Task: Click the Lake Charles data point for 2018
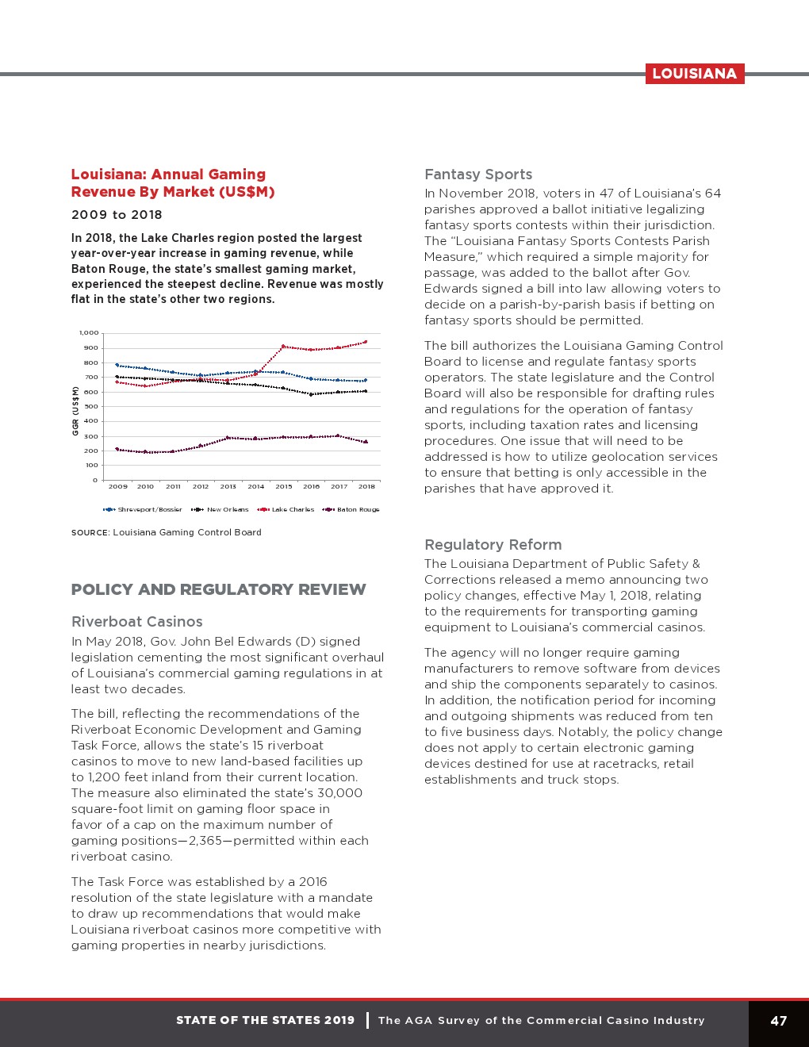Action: click(366, 342)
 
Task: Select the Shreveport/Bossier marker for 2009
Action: click(117, 365)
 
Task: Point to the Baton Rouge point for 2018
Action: click(366, 442)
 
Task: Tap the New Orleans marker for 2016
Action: click(311, 394)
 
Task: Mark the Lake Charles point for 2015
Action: click(283, 346)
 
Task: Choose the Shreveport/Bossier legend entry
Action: click(144, 509)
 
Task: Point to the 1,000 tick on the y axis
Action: click(89, 333)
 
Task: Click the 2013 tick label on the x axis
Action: click(228, 486)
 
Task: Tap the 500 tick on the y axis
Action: click(91, 407)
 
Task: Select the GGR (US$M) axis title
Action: click(75, 411)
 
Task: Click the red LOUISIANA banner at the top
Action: click(694, 74)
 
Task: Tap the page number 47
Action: click(778, 1021)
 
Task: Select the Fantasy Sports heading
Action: click(478, 174)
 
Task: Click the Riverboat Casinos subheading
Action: click(136, 622)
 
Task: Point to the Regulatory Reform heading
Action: click(493, 545)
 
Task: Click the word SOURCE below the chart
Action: click(90, 533)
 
